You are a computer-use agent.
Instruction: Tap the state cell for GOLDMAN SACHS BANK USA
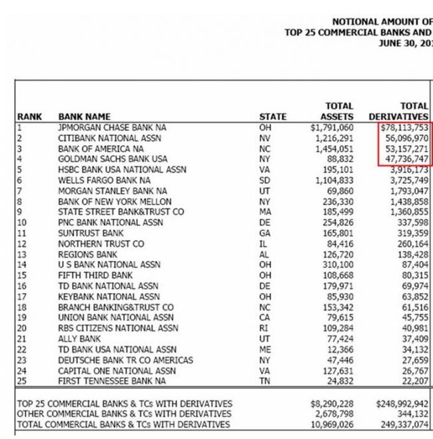(264, 159)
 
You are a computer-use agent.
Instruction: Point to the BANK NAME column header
(85, 117)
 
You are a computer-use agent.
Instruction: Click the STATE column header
(272, 117)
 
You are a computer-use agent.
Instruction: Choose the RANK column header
(29, 117)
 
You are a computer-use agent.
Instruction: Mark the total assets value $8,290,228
(332, 404)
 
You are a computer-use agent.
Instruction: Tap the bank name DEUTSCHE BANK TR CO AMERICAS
(126, 360)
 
